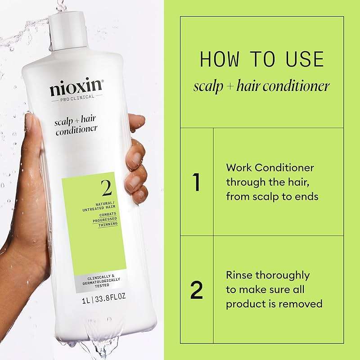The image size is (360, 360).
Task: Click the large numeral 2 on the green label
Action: pyautogui.click(x=107, y=188)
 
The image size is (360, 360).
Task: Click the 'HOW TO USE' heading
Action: pyautogui.click(x=261, y=60)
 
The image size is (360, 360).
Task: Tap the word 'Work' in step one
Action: pyautogui.click(x=238, y=168)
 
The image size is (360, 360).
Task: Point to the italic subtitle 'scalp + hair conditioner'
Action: pyautogui.click(x=261, y=86)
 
